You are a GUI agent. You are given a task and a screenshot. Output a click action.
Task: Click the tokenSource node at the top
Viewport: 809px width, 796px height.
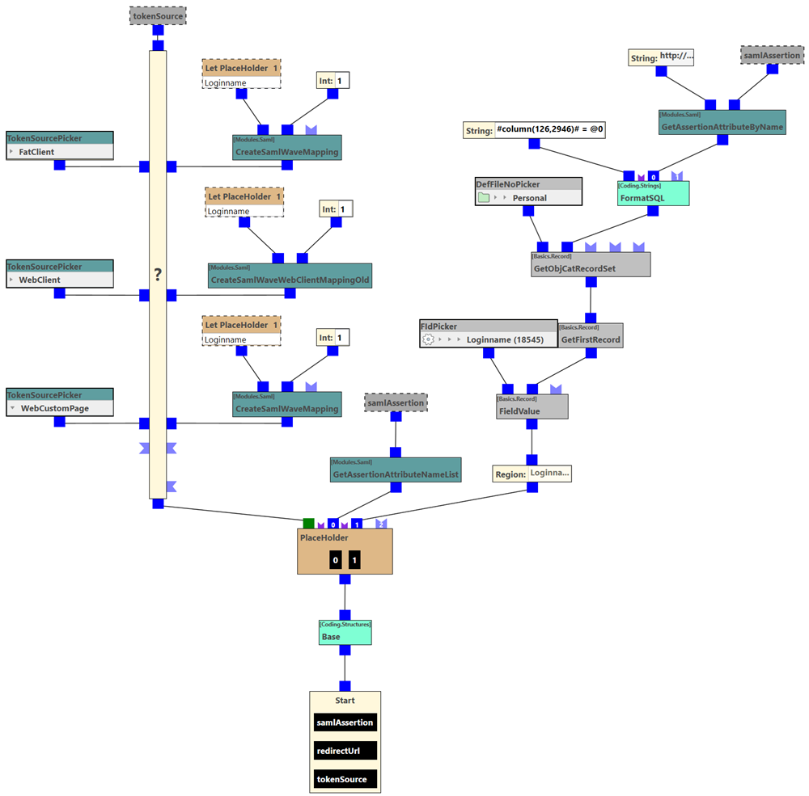coord(158,15)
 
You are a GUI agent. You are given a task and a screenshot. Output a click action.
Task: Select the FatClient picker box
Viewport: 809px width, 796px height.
coord(60,152)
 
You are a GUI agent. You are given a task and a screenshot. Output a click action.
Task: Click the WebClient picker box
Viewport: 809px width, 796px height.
coord(60,280)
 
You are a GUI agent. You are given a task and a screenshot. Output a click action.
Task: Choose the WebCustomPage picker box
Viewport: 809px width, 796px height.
coord(60,409)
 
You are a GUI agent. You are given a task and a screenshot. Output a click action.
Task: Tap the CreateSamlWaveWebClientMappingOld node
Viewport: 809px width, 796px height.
coord(290,280)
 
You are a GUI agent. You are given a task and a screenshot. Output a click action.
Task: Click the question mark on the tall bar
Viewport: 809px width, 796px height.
coord(158,276)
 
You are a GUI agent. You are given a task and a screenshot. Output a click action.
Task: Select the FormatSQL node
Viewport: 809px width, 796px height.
coord(652,198)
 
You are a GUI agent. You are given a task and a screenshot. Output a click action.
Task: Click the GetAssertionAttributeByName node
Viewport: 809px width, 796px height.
coord(722,127)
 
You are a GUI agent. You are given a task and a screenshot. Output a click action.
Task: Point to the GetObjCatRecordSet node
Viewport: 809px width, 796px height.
coord(590,268)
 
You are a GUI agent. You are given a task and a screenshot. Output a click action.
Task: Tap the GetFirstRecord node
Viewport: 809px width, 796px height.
coord(591,339)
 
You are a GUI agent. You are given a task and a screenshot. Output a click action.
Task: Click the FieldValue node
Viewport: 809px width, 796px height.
coord(532,411)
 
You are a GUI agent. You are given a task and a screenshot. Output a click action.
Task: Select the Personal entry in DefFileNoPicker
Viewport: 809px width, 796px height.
coord(529,198)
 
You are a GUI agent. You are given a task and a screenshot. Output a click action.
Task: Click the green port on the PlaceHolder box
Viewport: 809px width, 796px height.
coord(308,524)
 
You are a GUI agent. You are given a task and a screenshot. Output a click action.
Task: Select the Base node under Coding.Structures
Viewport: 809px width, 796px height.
coord(345,637)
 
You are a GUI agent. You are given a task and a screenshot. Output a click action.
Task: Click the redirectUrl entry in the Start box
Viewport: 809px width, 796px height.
coord(345,751)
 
